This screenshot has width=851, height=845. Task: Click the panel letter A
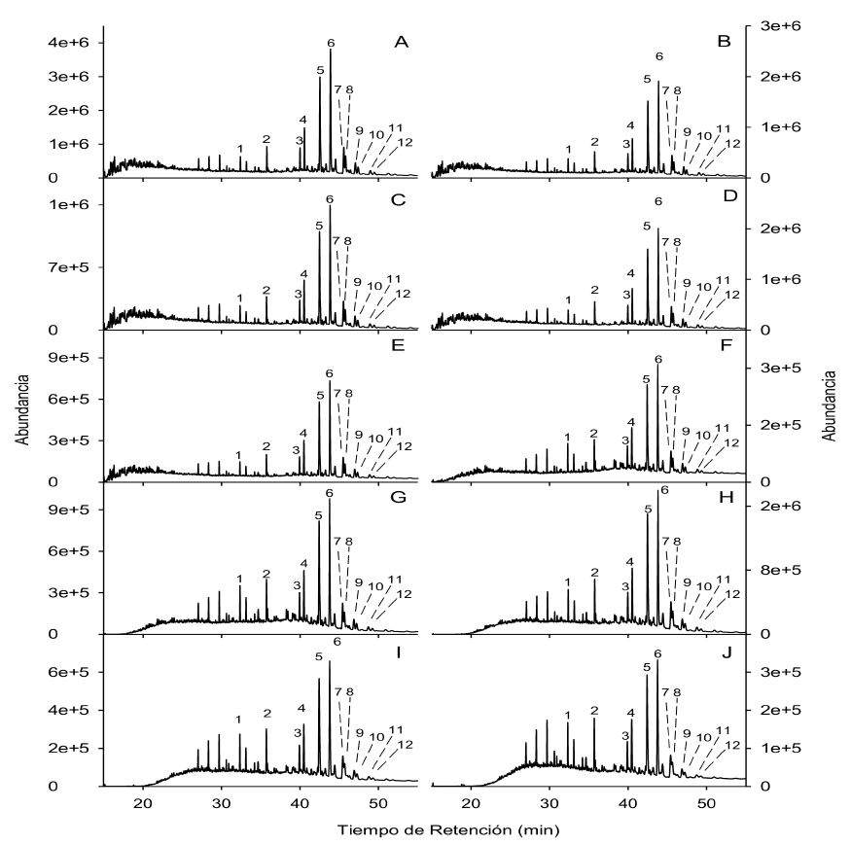[x=400, y=42]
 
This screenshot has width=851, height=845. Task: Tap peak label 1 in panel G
[x=239, y=579]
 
